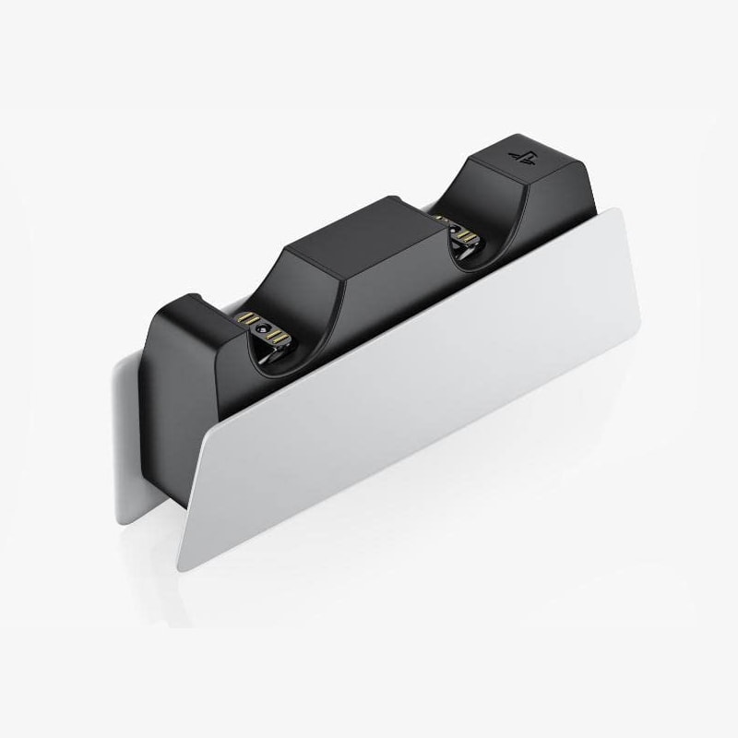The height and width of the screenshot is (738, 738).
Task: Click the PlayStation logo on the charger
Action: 519,153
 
